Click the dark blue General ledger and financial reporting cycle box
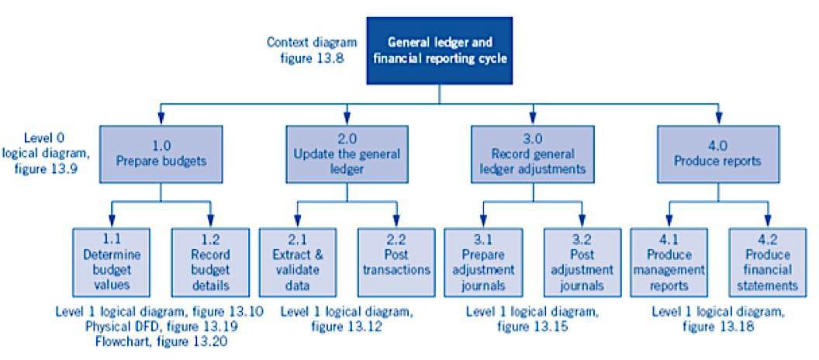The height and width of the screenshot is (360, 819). [439, 50]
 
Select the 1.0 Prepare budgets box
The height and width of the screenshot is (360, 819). [161, 154]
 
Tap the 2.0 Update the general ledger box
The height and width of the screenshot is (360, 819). [347, 154]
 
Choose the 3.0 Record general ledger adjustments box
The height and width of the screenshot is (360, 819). [532, 154]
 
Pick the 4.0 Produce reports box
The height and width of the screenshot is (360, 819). [717, 154]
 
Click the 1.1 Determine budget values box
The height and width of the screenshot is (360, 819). [111, 263]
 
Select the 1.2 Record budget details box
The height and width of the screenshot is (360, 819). [210, 263]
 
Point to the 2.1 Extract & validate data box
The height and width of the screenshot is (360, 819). [297, 263]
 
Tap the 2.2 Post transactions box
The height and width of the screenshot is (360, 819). [396, 263]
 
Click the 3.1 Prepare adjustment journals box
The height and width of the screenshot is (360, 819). [482, 263]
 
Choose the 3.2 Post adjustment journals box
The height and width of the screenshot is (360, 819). [582, 263]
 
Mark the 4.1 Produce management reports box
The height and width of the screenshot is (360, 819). [669, 263]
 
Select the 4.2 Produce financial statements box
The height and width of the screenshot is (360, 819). [767, 263]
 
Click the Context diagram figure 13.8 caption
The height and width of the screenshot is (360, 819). [312, 50]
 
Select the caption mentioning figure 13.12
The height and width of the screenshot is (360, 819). [347, 319]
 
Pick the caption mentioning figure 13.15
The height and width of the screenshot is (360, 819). [532, 319]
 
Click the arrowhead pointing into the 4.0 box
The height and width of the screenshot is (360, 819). [718, 119]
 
